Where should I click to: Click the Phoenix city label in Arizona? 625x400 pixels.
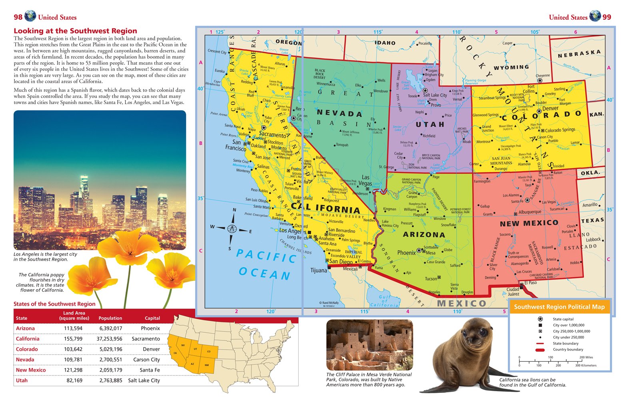[x=406, y=253]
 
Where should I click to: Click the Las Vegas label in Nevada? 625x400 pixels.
[x=365, y=180]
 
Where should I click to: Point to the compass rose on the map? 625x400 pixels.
[x=232, y=229]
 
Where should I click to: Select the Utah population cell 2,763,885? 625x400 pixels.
[x=111, y=380]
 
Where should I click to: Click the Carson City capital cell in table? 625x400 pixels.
[x=146, y=360]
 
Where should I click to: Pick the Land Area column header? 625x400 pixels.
[x=74, y=316]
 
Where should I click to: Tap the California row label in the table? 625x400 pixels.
[x=28, y=339]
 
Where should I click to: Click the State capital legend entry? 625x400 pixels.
[x=563, y=319]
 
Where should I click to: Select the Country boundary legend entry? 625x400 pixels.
[x=567, y=350]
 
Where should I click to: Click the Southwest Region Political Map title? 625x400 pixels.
[x=559, y=307]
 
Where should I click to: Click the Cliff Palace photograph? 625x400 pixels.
[x=369, y=345]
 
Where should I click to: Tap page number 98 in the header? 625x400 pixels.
[x=18, y=17]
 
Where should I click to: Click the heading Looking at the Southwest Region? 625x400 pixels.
[x=75, y=31]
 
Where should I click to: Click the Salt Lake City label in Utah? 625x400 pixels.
[x=435, y=95]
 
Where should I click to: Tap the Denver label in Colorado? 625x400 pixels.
[x=550, y=108]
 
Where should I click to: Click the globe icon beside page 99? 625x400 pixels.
[x=595, y=16]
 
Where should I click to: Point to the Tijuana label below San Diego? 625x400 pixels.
[x=318, y=271]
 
